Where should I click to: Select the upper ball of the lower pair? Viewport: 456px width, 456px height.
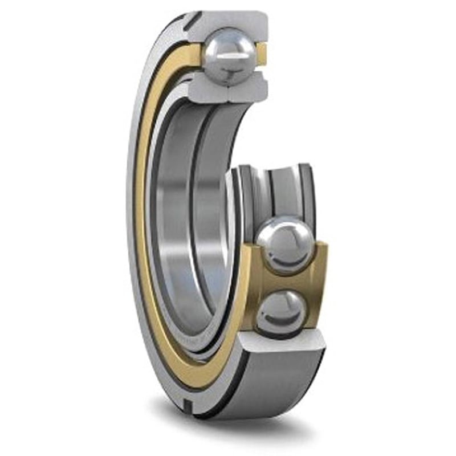coord(285,244)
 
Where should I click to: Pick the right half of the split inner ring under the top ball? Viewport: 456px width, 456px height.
coord(251,85)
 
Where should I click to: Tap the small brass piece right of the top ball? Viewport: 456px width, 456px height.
coord(260,54)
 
